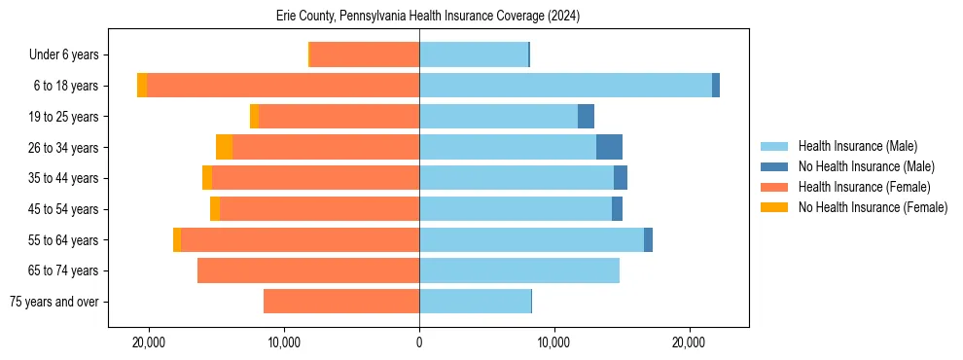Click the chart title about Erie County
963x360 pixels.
[x=428, y=17]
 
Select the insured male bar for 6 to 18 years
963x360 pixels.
[x=565, y=86]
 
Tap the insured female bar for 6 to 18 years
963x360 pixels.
[x=283, y=86]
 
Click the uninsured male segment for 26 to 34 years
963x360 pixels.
[x=609, y=147]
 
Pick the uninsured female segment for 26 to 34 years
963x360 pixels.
[x=224, y=147]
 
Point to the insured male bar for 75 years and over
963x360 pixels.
[x=475, y=302]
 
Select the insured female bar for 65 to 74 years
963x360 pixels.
[x=308, y=270]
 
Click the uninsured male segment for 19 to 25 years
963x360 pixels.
[x=586, y=117]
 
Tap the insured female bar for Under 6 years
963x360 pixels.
[x=364, y=54]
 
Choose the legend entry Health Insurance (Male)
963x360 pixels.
[x=857, y=146]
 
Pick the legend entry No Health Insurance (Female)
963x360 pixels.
[x=873, y=207]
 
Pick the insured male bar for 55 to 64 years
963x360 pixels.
[x=531, y=239]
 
